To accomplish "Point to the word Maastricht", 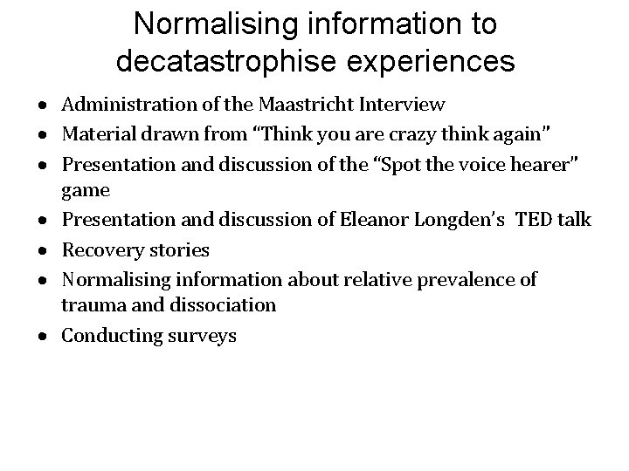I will (x=297, y=105).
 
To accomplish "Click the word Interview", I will (x=400, y=105).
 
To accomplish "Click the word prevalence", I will (x=462, y=279).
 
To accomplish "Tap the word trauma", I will (x=89, y=305).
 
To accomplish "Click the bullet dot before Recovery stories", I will (x=42, y=250).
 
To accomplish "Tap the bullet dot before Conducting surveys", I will (x=42, y=336).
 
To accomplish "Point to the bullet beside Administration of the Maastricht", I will (x=42, y=106).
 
